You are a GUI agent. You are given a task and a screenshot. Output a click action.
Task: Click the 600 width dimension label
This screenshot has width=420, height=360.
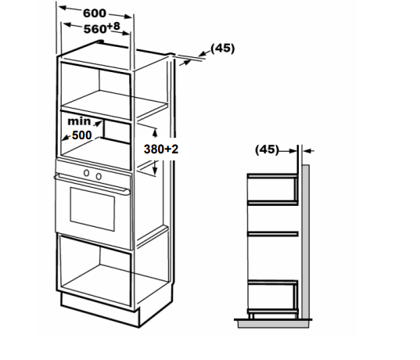[95, 13]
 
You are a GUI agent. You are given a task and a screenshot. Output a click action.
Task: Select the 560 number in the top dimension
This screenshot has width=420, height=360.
[95, 29]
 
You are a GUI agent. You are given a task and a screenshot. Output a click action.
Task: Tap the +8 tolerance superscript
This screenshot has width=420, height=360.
[113, 27]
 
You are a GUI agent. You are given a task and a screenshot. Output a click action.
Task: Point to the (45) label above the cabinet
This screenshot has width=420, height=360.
[223, 49]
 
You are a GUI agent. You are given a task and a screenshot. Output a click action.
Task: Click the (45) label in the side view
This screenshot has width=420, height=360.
[267, 149]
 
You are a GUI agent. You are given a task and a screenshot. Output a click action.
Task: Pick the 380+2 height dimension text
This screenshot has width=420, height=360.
[161, 149]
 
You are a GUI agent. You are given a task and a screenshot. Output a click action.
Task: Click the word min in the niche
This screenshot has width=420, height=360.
[79, 121]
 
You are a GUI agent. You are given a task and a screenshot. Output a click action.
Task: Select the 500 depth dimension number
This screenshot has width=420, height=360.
[82, 135]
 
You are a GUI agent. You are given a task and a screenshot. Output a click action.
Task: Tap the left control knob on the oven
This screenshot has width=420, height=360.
[86, 173]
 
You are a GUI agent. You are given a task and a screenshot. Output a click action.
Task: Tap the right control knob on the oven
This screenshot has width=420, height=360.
[99, 176]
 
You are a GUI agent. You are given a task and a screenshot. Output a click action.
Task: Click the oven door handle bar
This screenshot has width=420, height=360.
[92, 184]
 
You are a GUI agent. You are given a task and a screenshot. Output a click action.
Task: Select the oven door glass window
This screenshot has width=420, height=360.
[92, 209]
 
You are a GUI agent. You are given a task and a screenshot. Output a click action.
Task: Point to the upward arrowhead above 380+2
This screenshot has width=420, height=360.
[155, 132]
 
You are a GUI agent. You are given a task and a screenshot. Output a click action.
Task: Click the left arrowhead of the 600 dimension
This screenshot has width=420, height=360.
[62, 8]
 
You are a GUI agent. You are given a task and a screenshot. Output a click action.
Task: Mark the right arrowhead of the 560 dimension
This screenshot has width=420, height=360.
[126, 33]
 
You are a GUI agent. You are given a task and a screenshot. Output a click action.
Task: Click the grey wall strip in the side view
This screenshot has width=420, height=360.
[306, 242]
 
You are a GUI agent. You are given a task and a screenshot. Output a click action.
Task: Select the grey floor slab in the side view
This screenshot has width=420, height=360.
[273, 324]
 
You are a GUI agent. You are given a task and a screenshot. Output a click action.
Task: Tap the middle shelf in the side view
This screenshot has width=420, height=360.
[273, 234]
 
